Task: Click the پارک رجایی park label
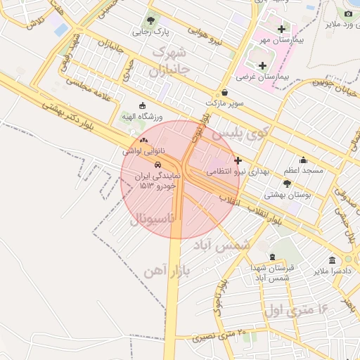pyautogui.click(x=151, y=32)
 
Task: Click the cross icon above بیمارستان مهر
pyautogui.click(x=282, y=29)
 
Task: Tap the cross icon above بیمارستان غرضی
pyautogui.click(x=262, y=65)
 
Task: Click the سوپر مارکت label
pyautogui.click(x=224, y=103)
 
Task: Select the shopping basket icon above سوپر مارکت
pyautogui.click(x=224, y=92)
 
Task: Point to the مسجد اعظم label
pyautogui.click(x=303, y=171)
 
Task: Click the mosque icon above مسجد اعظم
pyautogui.click(x=303, y=160)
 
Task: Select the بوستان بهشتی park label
pyautogui.click(x=287, y=194)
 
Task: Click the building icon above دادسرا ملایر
pyautogui.click(x=332, y=260)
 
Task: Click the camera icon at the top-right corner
pyautogui.click(x=348, y=13)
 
